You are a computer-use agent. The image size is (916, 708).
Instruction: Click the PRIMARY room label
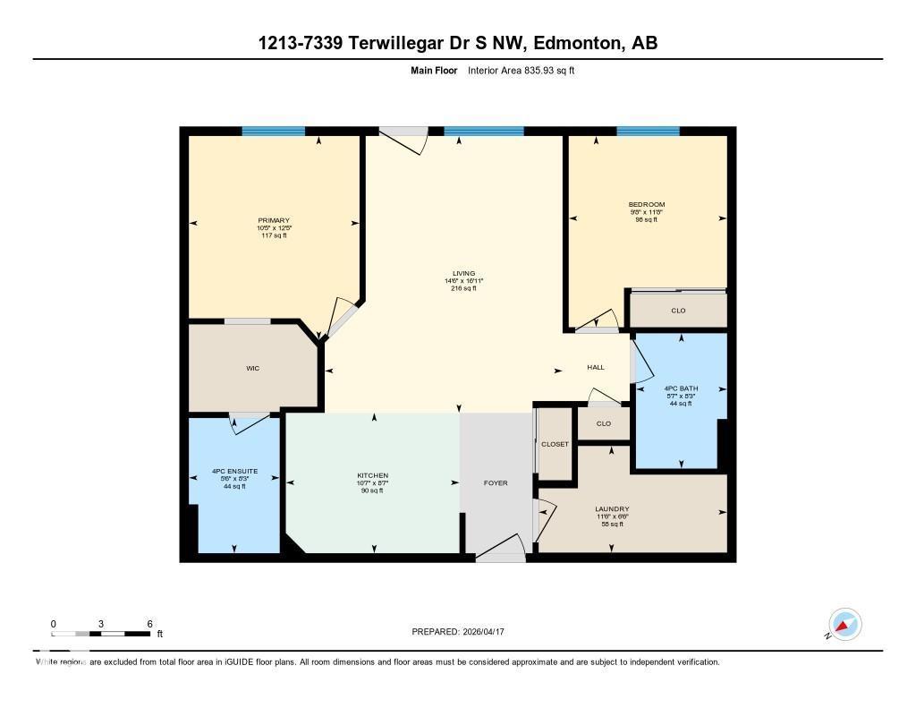274,220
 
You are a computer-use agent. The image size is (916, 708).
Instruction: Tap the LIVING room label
463,273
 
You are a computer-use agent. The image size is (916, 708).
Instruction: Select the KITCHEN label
373,475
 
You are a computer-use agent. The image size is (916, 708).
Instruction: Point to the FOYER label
496,482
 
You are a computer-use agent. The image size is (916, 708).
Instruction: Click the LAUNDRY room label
613,508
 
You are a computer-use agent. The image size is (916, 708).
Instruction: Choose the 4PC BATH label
682,388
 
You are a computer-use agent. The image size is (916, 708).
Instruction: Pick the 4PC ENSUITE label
235,471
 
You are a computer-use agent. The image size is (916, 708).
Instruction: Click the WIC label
253,368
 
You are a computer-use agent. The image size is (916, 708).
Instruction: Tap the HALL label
596,367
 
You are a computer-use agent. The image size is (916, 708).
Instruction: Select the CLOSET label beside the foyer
555,444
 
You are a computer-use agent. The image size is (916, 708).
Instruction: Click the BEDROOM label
647,204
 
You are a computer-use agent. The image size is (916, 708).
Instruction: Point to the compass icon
844,625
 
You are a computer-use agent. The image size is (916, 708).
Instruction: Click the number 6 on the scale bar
149,624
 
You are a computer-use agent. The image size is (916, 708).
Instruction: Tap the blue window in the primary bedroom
273,132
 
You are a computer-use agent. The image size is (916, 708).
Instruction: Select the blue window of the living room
483,132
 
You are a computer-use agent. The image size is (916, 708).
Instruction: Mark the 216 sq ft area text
463,288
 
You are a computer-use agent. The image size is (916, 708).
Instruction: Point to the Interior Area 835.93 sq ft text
521,70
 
